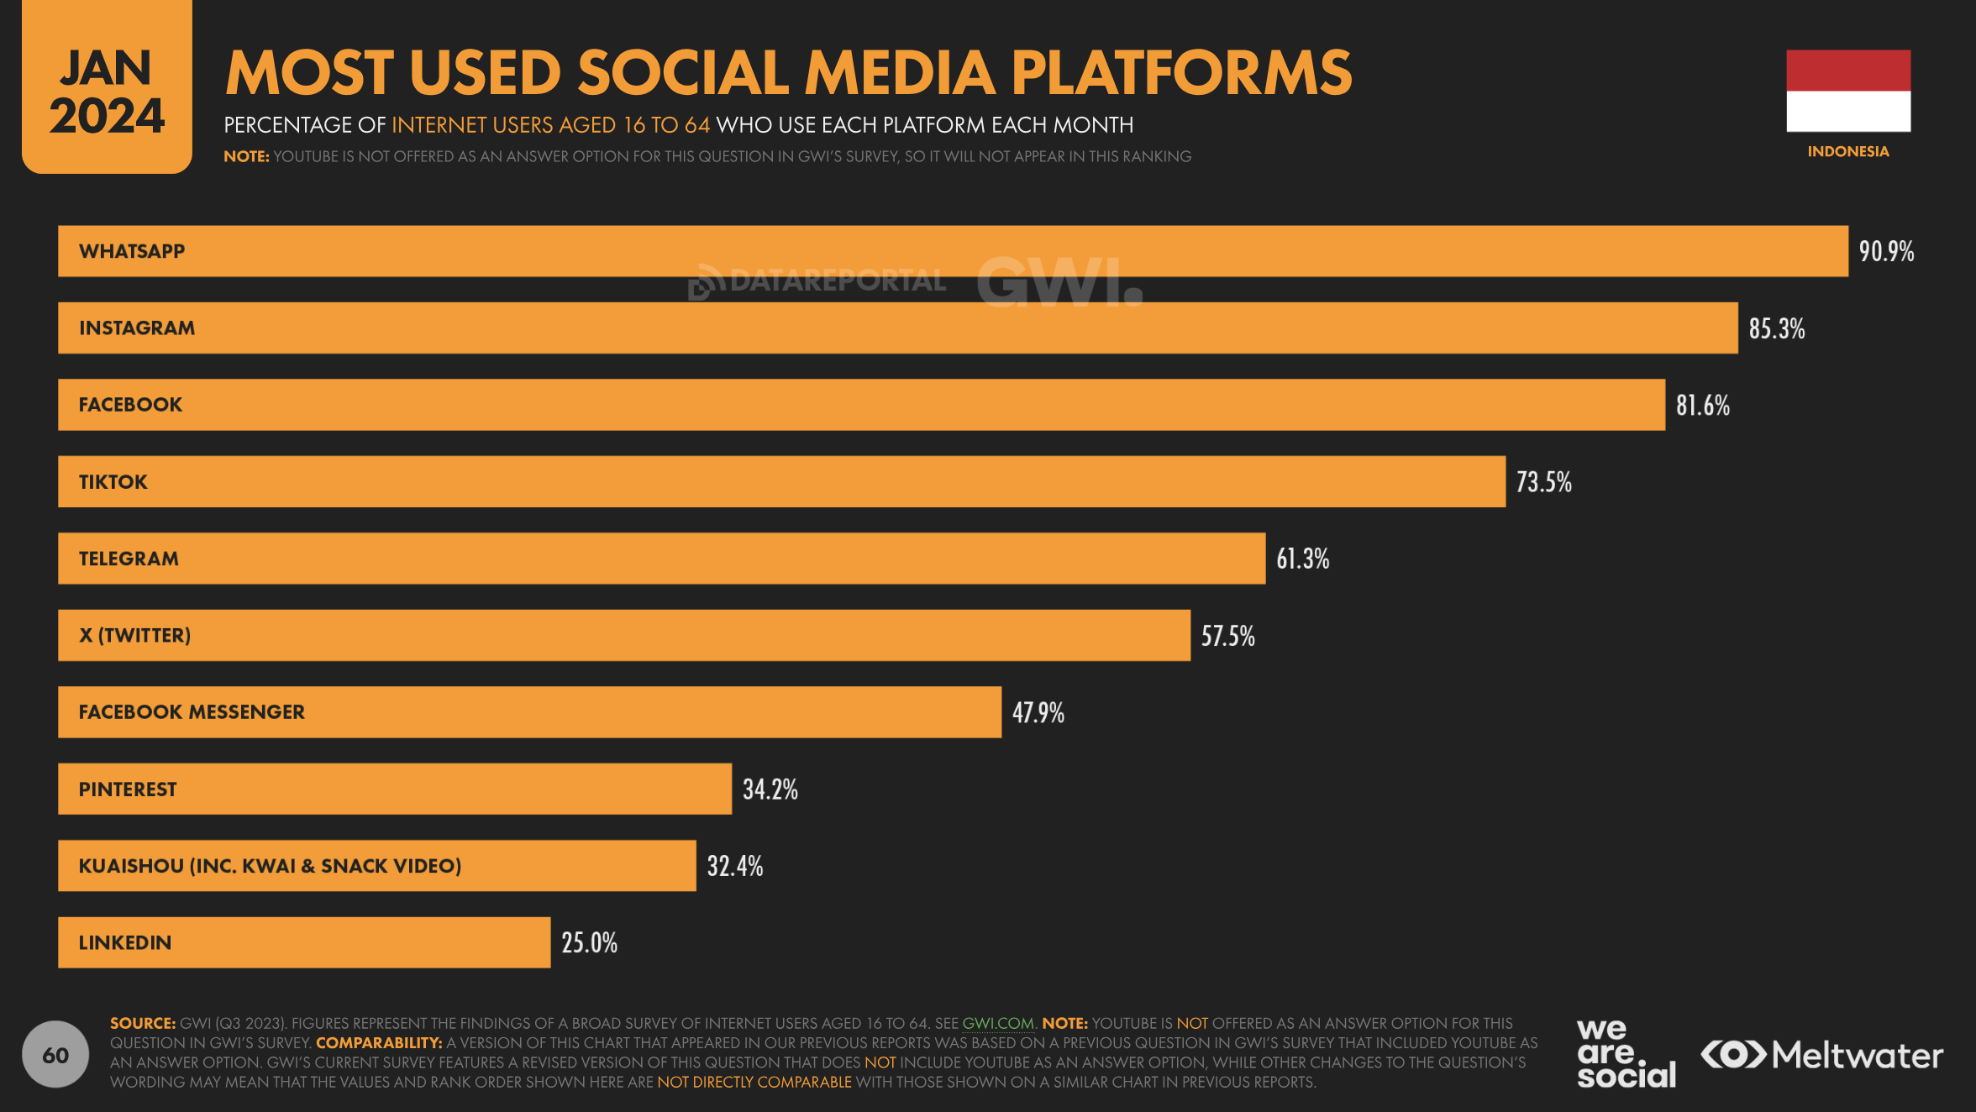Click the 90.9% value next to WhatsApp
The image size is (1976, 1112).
[1885, 251]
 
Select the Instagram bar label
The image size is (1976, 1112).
[137, 328]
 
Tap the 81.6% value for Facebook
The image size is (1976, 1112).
[1702, 406]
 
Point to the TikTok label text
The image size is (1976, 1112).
[113, 482]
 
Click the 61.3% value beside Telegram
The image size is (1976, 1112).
[1302, 559]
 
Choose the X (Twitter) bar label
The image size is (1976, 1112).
[134, 636]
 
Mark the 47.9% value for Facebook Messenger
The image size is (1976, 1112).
[1038, 713]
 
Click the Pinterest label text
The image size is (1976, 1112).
[128, 789]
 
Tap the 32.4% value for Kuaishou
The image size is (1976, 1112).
[734, 866]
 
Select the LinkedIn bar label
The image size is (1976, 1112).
[125, 943]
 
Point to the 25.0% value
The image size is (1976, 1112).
[589, 943]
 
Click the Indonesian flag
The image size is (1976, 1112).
[1847, 91]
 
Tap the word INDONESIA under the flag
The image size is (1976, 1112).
[1847, 152]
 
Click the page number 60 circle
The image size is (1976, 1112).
[55, 1055]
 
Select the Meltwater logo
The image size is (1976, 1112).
[1821, 1055]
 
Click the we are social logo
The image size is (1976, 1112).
[1625, 1054]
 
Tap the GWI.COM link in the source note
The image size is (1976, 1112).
[997, 1024]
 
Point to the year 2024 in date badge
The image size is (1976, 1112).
[107, 116]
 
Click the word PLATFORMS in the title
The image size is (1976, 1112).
[1181, 73]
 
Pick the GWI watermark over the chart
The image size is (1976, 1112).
[1059, 281]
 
